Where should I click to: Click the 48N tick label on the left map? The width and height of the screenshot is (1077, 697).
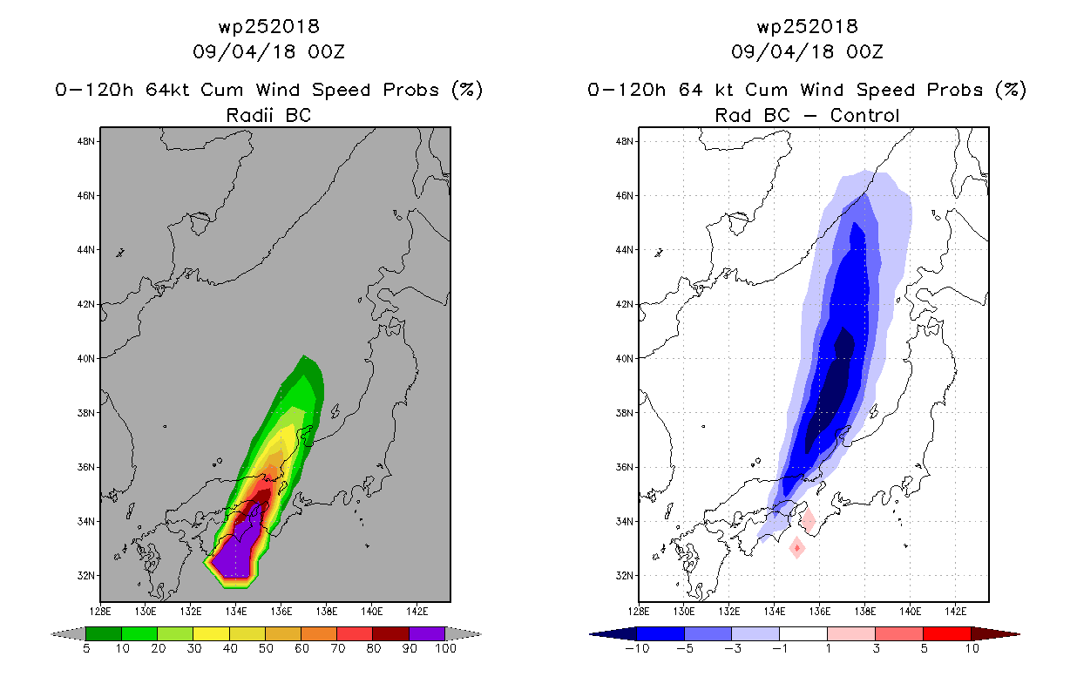(x=85, y=141)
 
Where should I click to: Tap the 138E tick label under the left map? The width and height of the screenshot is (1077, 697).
(x=327, y=612)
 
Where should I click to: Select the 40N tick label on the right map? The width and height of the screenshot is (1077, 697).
(x=624, y=359)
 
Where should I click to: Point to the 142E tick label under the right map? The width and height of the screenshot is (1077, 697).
(x=955, y=612)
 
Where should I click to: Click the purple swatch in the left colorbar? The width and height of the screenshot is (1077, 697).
(x=427, y=633)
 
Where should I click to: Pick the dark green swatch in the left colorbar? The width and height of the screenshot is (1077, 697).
(x=104, y=633)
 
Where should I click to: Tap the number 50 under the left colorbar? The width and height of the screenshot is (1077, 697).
(x=266, y=648)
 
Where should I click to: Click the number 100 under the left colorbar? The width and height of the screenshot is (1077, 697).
(x=445, y=648)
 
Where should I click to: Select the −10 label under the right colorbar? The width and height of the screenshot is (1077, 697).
(x=637, y=648)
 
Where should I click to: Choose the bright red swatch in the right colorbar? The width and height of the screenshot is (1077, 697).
(x=947, y=633)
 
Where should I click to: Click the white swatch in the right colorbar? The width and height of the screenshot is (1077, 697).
(x=803, y=633)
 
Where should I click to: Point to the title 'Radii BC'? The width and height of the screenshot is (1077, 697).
(x=268, y=115)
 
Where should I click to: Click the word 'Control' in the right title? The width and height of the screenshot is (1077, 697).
(x=864, y=115)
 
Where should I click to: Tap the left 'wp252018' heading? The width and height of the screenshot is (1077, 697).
(x=268, y=26)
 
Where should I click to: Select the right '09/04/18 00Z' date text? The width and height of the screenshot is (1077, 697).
(x=807, y=51)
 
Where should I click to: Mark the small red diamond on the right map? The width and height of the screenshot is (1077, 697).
(x=797, y=547)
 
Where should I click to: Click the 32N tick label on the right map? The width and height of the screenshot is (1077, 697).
(x=624, y=575)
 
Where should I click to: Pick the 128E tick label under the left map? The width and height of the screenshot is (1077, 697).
(x=100, y=612)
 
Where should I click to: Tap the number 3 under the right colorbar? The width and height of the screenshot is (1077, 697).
(x=876, y=648)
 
